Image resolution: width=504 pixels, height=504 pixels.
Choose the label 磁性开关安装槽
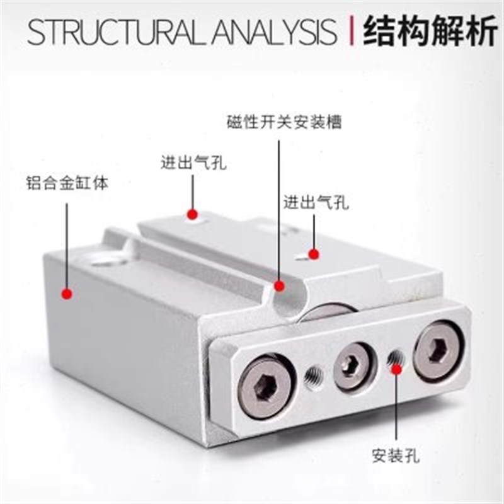[x=285, y=122]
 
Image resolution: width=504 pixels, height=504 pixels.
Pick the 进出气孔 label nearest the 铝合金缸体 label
[x=193, y=164]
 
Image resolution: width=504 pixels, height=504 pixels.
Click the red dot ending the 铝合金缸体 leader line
[x=66, y=294]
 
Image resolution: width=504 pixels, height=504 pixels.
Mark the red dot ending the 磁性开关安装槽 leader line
[x=278, y=287]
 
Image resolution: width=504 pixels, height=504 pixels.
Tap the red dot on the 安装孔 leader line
[x=396, y=370]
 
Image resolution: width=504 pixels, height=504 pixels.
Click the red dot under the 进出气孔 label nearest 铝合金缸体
[x=193, y=214]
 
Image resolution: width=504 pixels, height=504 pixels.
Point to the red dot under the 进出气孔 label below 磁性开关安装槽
[x=313, y=254]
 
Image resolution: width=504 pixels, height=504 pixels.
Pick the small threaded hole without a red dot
[x=313, y=377]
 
